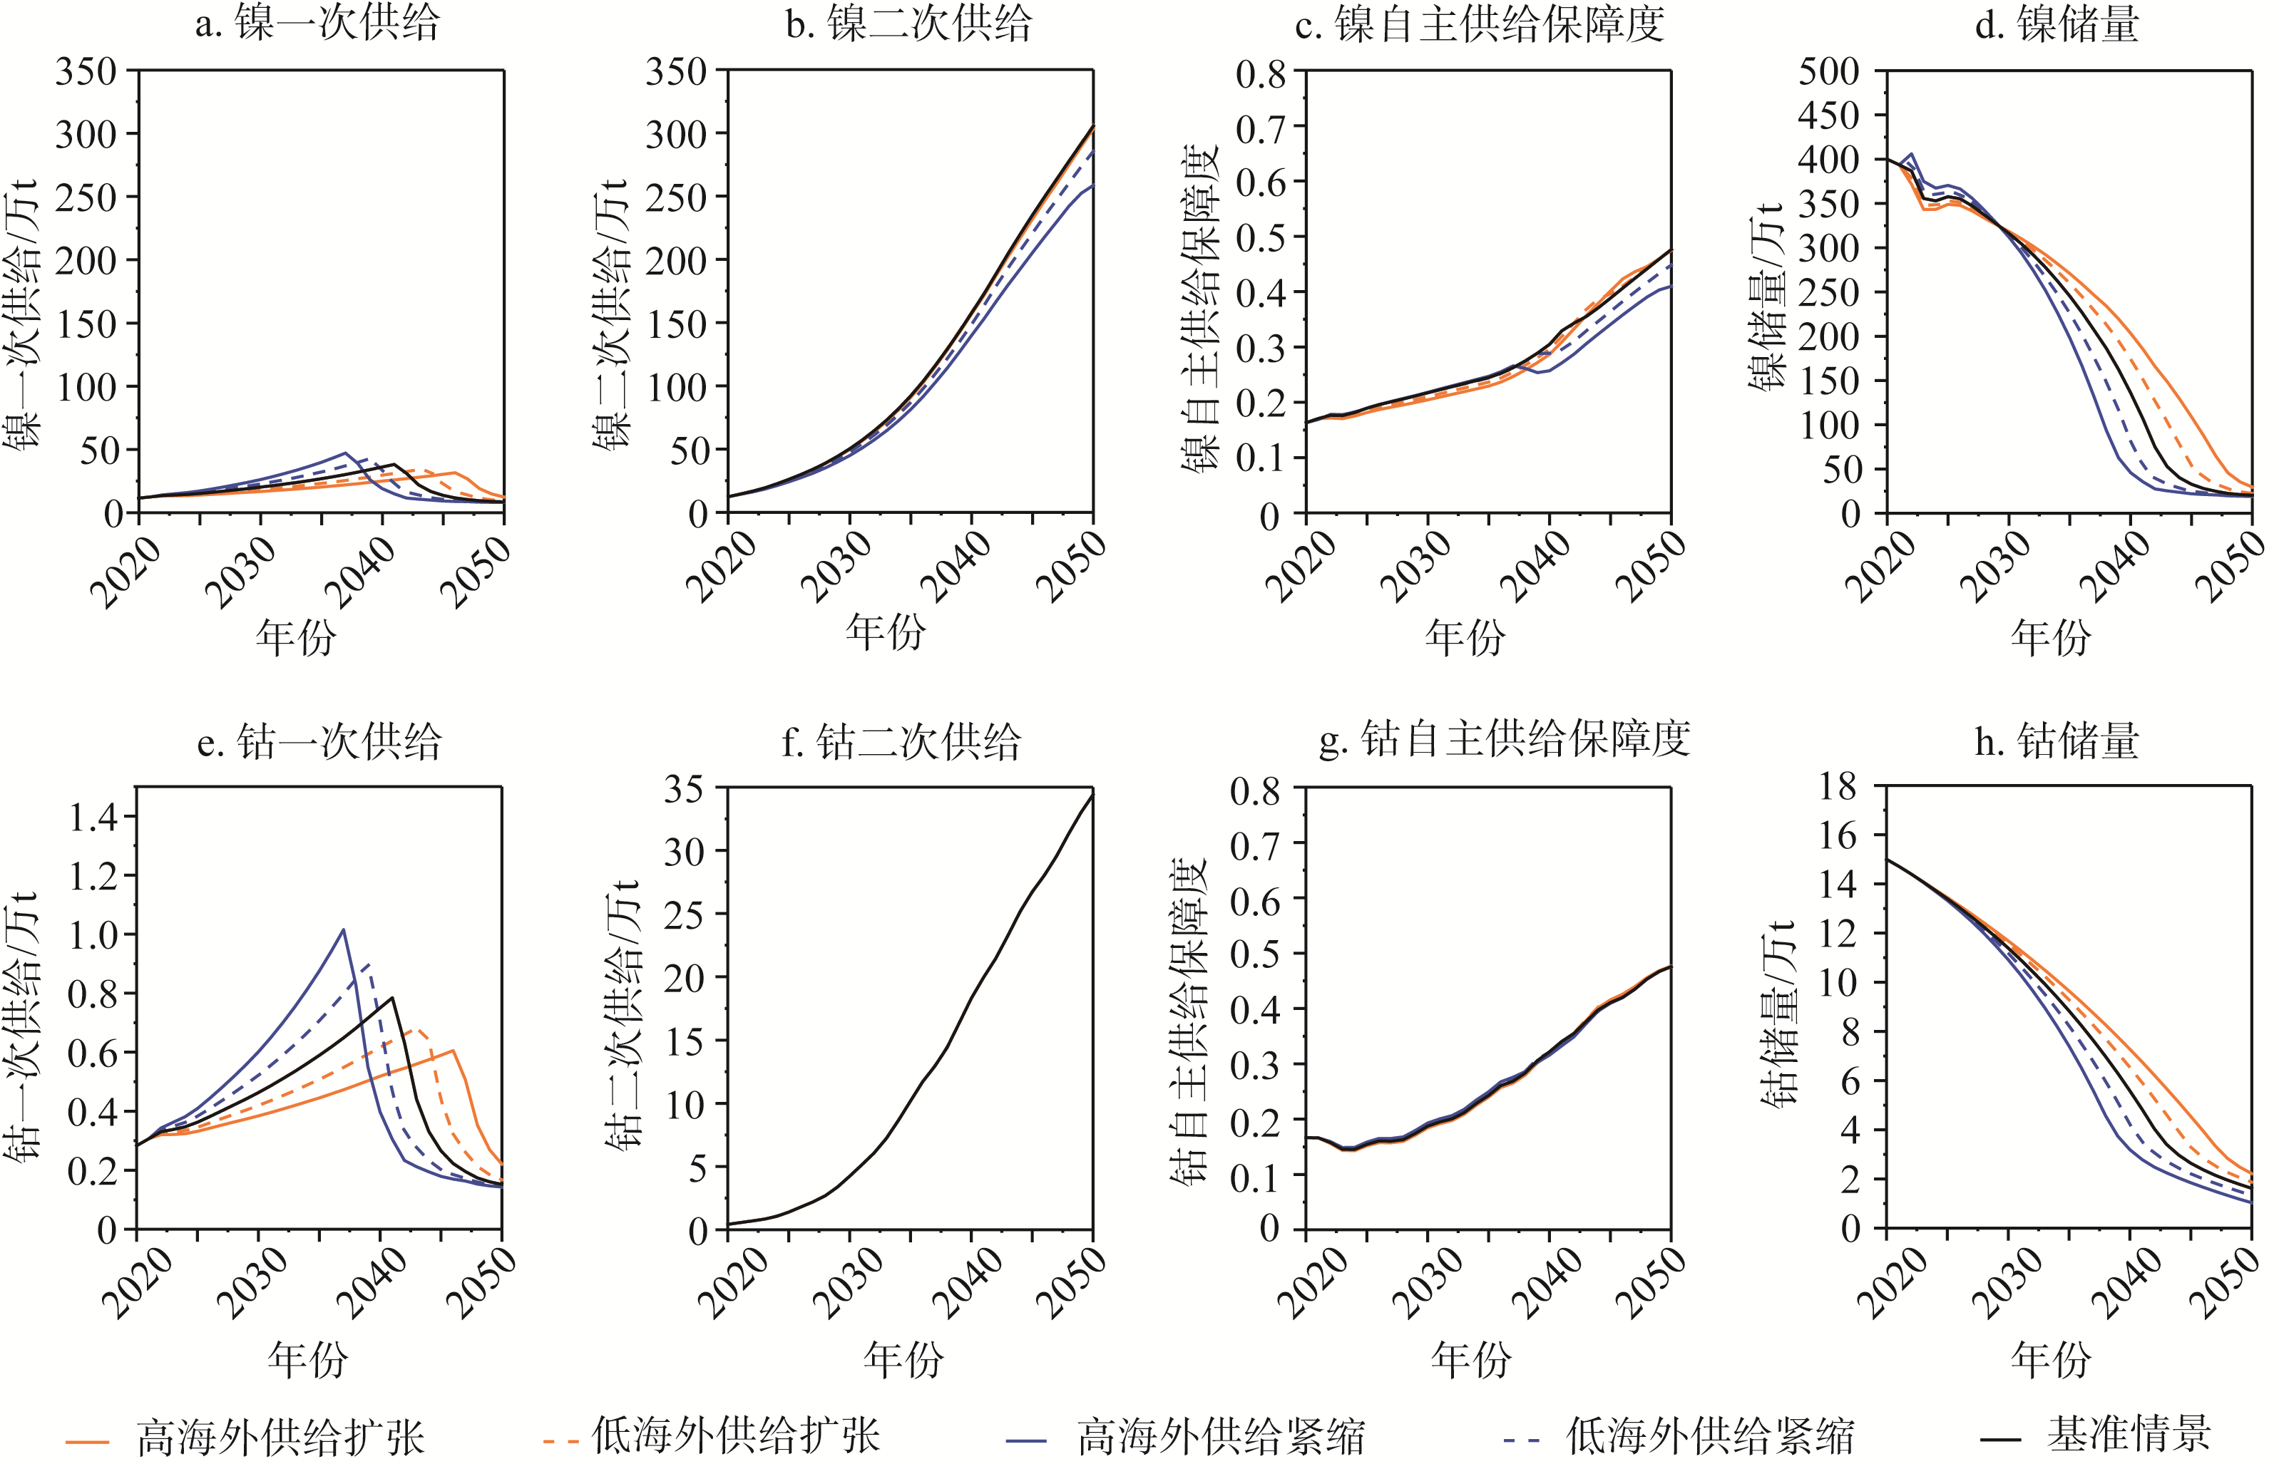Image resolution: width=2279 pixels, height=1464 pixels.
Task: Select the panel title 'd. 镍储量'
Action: (2056, 24)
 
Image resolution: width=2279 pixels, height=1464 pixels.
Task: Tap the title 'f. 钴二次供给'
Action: (901, 741)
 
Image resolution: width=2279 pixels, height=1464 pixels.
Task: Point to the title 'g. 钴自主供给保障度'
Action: (1503, 740)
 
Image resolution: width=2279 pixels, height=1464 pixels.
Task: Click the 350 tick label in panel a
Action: (86, 72)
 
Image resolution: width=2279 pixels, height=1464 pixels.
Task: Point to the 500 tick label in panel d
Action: (1828, 71)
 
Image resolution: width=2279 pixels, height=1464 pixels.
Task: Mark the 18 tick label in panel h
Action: (1837, 787)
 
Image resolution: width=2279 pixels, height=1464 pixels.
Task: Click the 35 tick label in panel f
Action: (684, 789)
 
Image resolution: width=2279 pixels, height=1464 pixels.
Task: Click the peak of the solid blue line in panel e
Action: (343, 929)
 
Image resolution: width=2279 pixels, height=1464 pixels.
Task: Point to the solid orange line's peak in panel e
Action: (454, 1051)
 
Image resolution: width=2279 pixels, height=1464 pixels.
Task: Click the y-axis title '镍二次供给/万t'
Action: (610, 314)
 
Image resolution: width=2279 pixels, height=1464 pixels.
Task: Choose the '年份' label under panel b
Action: (884, 632)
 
